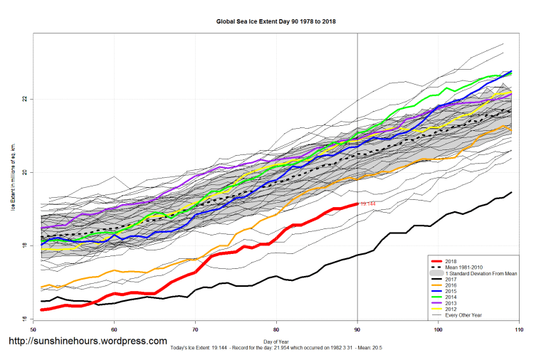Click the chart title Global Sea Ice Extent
tap(276, 22)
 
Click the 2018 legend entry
tap(452, 260)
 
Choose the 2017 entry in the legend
tap(452, 280)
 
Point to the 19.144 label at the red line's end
tap(368, 204)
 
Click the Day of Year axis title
tap(275, 341)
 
